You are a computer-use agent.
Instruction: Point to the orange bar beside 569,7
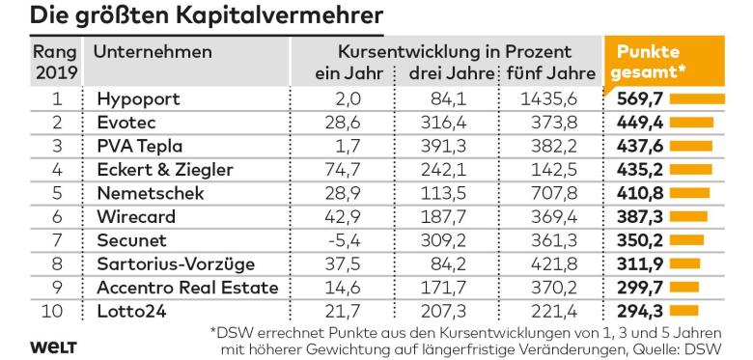(696, 98)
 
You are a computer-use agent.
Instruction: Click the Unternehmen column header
(153, 51)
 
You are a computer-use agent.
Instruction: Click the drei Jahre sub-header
(447, 73)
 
